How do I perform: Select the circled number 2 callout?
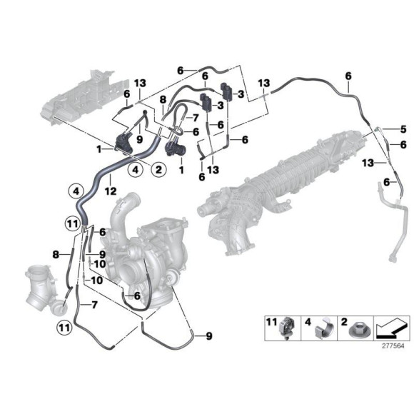pos(158,169)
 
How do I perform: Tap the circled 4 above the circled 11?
pos(75,191)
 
